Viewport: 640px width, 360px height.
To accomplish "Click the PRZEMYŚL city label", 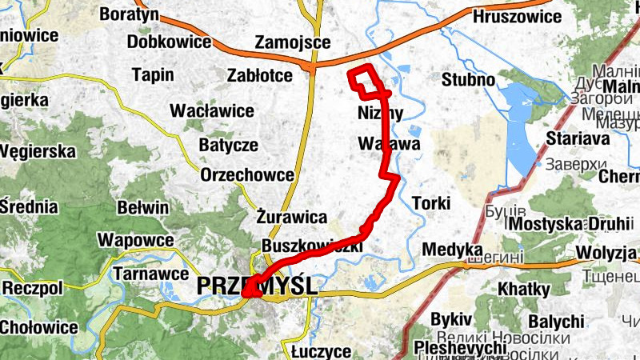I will pos(257,286).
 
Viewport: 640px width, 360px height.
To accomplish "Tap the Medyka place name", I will pos(453,249).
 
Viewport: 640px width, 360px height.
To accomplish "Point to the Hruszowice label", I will pos(517,16).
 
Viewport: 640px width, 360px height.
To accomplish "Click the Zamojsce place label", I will pos(287,42).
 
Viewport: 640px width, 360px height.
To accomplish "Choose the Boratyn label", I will pos(129,14).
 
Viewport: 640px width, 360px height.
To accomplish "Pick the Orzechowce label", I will pos(247,174).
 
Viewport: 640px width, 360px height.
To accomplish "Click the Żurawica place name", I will pos(292,217).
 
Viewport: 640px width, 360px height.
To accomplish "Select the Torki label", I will pos(430,202).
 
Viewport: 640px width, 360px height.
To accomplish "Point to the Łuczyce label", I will pos(321,351).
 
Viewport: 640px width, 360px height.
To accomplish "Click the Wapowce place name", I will pos(136,240).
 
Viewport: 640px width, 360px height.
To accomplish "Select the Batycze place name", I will pos(229,145).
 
